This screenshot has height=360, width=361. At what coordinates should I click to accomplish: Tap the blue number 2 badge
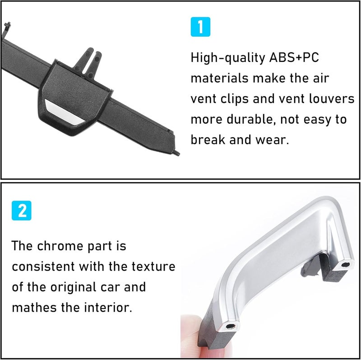click(22, 211)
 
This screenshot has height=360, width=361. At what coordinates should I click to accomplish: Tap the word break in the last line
click(208, 140)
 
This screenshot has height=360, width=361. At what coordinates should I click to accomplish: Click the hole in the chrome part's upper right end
click(346, 263)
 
